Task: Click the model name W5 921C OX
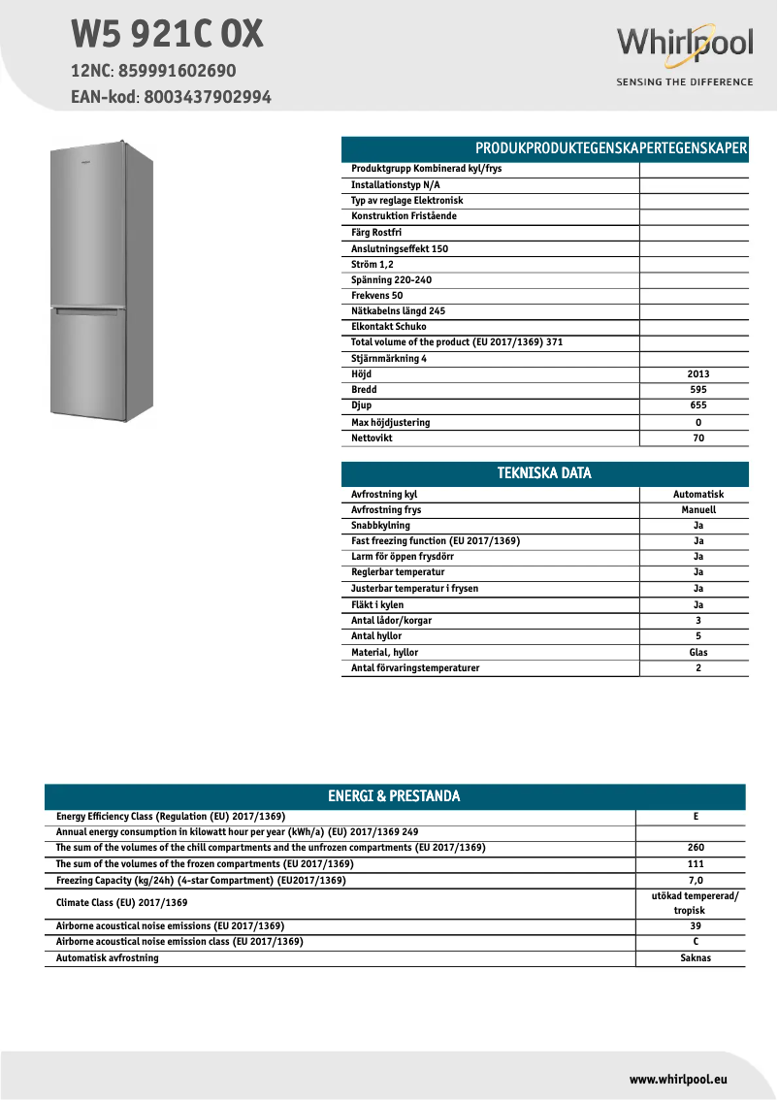point(167,35)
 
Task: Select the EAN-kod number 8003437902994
point(208,97)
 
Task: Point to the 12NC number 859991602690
point(177,71)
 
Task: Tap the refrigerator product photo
point(102,281)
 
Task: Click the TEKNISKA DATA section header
point(544,473)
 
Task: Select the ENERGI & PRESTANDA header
point(394,796)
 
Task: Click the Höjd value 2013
point(697,374)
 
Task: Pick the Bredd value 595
point(697,390)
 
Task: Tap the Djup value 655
point(697,405)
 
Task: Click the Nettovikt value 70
point(697,438)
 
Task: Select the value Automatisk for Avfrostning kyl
point(697,495)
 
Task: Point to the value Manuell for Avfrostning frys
point(697,510)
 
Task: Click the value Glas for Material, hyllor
point(697,653)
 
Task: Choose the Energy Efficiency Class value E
point(696,817)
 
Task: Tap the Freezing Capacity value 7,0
point(696,881)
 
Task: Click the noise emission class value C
point(696,942)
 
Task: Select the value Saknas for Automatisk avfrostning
point(696,958)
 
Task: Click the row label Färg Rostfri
point(376,233)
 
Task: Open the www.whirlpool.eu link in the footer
point(678,1079)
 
